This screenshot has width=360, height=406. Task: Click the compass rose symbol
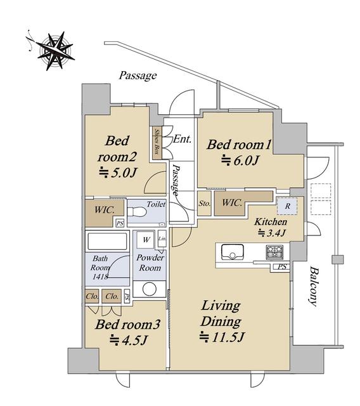click(x=55, y=51)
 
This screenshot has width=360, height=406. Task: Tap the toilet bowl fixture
click(x=137, y=211)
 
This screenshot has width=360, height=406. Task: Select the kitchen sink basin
click(x=232, y=252)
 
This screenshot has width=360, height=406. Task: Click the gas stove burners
click(x=274, y=252)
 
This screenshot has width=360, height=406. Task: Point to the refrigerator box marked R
click(x=287, y=206)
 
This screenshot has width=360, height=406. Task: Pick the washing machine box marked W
click(x=146, y=240)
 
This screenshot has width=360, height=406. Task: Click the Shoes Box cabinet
click(x=157, y=143)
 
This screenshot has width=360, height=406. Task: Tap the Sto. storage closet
click(x=204, y=203)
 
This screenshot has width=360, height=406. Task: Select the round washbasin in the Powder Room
click(x=150, y=289)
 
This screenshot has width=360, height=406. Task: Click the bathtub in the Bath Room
click(x=107, y=241)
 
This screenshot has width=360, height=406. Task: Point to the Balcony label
click(x=314, y=286)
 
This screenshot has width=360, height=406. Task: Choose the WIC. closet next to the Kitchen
click(x=232, y=203)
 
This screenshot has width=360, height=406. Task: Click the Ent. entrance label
click(x=183, y=139)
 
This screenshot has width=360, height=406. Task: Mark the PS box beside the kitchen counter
click(x=282, y=266)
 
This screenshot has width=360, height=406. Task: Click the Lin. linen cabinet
click(x=162, y=239)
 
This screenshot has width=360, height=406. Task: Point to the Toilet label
click(x=156, y=204)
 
